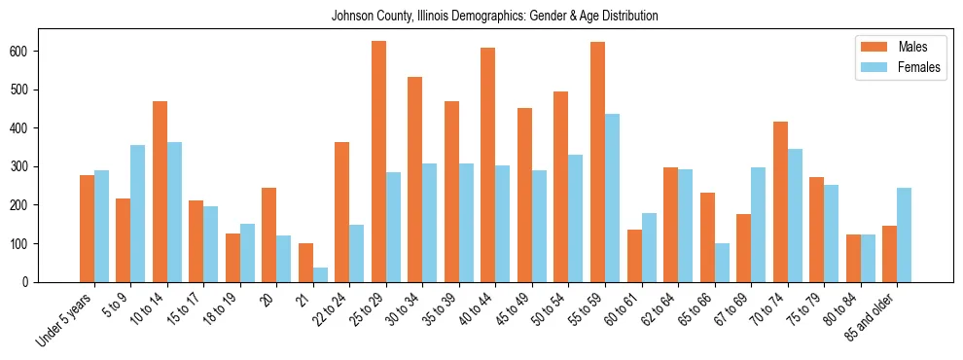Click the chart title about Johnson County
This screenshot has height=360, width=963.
coord(494,16)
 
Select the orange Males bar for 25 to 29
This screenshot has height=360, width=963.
coord(378,162)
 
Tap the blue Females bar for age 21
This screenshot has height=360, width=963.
coord(320,274)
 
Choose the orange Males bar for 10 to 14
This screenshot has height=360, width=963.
coord(160,192)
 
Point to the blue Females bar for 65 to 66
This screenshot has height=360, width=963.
coord(722,263)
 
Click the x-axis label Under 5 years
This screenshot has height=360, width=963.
coord(65,319)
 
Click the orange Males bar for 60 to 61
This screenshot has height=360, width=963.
coord(634,256)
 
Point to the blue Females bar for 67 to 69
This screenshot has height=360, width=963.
coord(759,225)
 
